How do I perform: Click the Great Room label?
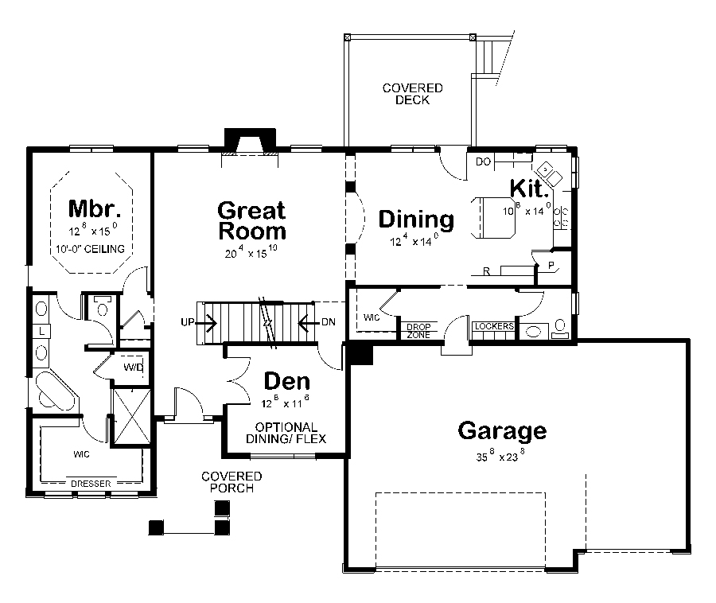pyautogui.click(x=251, y=221)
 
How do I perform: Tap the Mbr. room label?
pyautogui.click(x=94, y=209)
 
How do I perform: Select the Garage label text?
pyautogui.click(x=502, y=431)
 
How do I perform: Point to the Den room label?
pyautogui.click(x=286, y=381)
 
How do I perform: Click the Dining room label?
pyautogui.click(x=416, y=220)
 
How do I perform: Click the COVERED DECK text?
pyautogui.click(x=412, y=94)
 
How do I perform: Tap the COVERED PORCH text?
pyautogui.click(x=232, y=482)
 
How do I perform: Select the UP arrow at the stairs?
pyautogui.click(x=199, y=322)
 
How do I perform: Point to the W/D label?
pyautogui.click(x=132, y=368)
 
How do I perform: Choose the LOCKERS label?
pyautogui.click(x=493, y=327)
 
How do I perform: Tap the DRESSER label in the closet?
pyautogui.click(x=89, y=484)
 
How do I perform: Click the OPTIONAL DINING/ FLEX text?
pyautogui.click(x=287, y=433)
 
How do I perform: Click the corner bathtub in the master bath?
pyautogui.click(x=54, y=393)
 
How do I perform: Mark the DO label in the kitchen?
pyautogui.click(x=482, y=162)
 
